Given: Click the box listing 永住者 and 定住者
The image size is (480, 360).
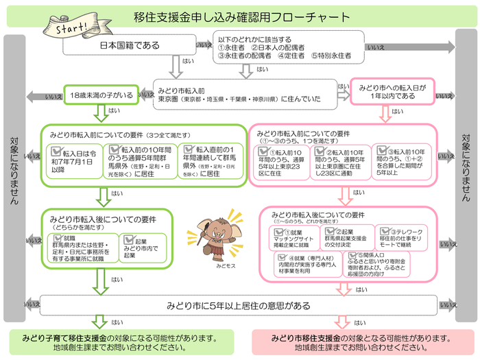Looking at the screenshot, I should coord(284,47).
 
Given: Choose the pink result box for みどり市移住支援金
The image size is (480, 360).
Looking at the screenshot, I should coord(361,343).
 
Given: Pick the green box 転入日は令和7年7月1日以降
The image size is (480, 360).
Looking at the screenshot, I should coord(75,160).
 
